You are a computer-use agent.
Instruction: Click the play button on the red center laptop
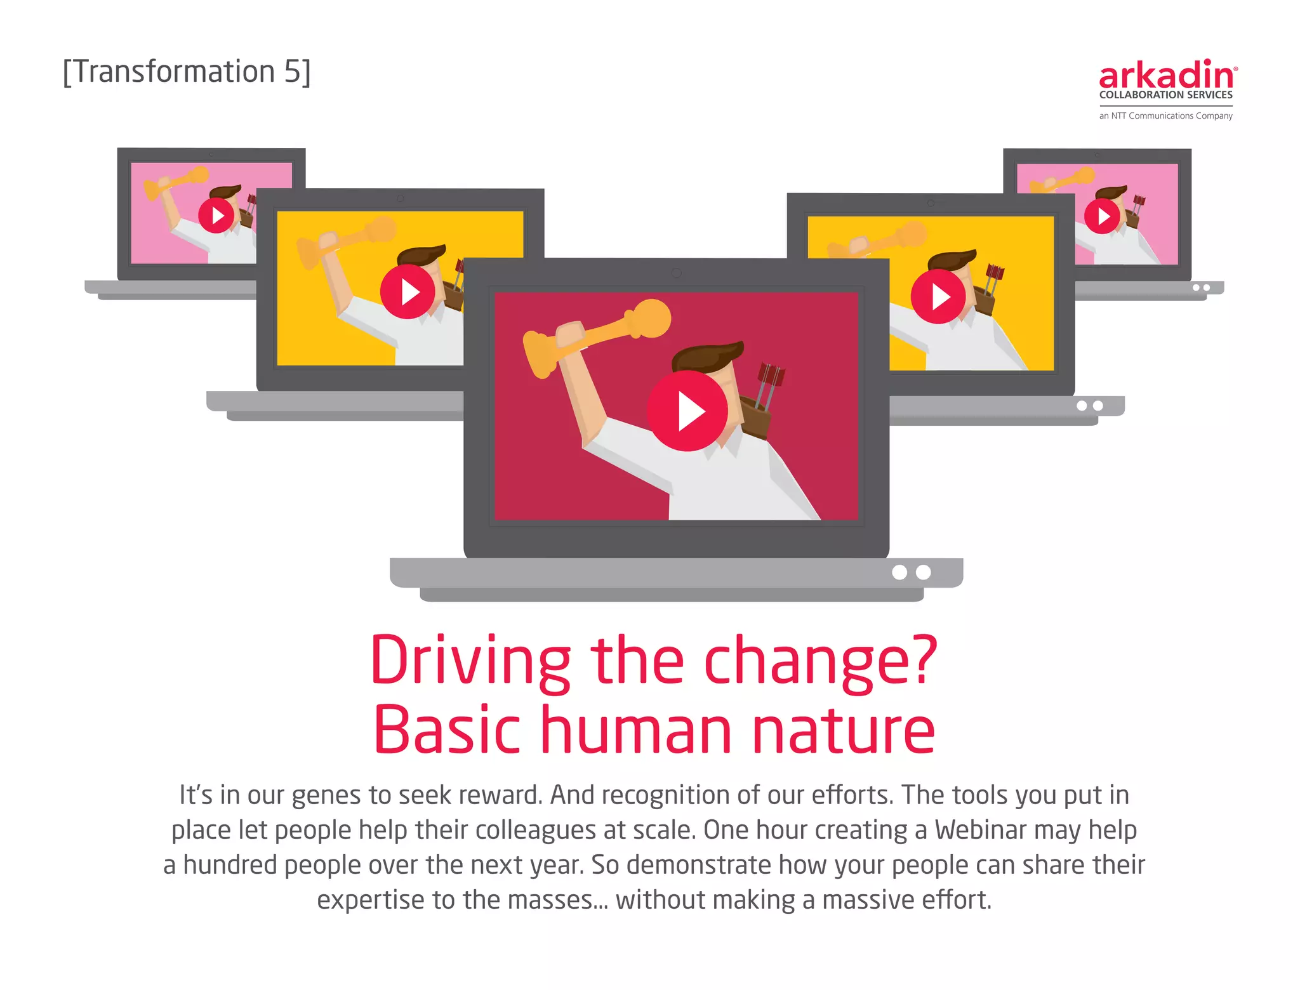(x=687, y=411)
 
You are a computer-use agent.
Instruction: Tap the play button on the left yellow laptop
(x=408, y=292)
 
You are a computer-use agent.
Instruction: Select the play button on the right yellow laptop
(x=938, y=296)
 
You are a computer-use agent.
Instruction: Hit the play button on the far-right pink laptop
(x=1102, y=216)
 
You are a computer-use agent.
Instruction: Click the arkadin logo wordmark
(x=1167, y=76)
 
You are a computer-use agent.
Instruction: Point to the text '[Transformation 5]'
(x=187, y=72)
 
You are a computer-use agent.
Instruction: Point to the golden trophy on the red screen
(x=597, y=336)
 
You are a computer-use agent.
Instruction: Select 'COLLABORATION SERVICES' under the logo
(x=1165, y=95)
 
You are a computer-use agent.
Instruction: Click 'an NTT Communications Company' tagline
(x=1165, y=116)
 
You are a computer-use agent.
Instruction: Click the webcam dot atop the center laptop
(x=677, y=273)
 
